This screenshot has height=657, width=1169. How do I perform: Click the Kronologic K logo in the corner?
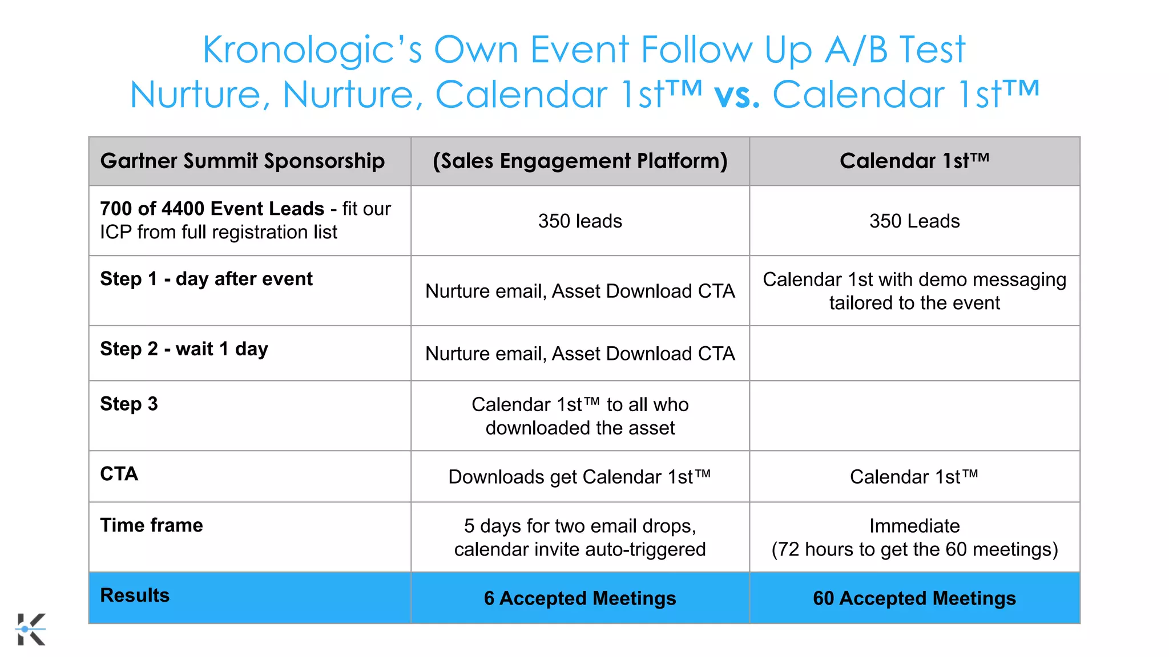tap(31, 629)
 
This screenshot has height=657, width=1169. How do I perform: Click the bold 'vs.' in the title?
tap(736, 95)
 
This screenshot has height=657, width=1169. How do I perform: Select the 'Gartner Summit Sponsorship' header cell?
tap(243, 161)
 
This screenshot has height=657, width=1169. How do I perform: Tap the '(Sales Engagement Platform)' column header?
tap(580, 161)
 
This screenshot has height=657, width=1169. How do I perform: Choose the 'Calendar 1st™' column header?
tap(914, 161)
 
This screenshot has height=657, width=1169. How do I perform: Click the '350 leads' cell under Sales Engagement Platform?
tap(580, 221)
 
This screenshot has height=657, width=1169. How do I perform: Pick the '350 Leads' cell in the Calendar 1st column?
tap(914, 221)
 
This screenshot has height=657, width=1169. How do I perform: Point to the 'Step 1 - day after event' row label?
tap(206, 279)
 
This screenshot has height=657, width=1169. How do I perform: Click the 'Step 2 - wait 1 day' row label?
tap(184, 348)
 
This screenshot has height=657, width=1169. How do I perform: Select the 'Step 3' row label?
tap(129, 404)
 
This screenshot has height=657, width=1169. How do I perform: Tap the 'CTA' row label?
tap(119, 474)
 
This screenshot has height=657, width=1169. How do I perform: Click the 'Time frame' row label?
tap(151, 525)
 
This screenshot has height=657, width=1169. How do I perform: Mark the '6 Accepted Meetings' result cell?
tap(580, 598)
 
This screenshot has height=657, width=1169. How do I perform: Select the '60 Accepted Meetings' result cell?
tap(914, 598)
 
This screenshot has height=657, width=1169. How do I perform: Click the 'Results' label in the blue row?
tap(135, 595)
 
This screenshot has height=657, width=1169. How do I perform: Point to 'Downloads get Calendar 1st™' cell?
tap(580, 477)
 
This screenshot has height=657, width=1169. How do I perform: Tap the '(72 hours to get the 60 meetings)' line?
tap(914, 549)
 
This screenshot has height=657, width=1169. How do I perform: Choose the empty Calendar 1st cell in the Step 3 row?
tap(914, 416)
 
